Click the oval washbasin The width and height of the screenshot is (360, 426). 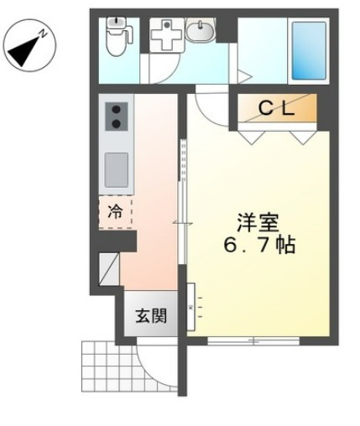[x=200, y=34]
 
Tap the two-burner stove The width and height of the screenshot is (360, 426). [x=116, y=119]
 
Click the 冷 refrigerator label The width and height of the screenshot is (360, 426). [x=116, y=212]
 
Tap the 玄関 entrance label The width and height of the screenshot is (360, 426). [x=151, y=316]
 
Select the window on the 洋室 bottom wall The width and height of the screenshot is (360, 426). [x=253, y=340]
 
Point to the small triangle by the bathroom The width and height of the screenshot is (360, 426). [x=243, y=76]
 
